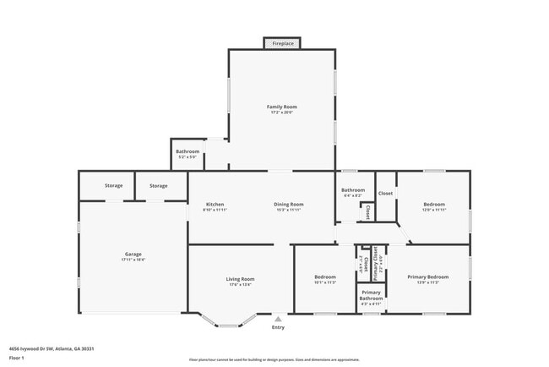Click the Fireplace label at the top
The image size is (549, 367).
[x=283, y=42]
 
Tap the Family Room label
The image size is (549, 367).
[x=282, y=107]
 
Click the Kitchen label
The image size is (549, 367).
[x=215, y=204]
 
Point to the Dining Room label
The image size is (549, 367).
[x=288, y=204]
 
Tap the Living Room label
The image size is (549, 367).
[x=240, y=278]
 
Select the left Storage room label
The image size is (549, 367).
[x=113, y=185]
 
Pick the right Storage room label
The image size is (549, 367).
[x=158, y=185]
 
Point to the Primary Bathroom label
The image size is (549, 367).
[x=372, y=295]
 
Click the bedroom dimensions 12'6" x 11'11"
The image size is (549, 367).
[x=434, y=210]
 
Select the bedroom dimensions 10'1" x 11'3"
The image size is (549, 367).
[x=325, y=282]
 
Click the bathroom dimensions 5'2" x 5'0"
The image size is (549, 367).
[x=188, y=157]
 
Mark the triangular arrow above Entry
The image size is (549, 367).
[x=278, y=319]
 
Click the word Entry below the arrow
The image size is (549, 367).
[x=278, y=327]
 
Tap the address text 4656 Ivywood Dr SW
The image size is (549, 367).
[x=40, y=348]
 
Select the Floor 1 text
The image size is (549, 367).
[x=17, y=358]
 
